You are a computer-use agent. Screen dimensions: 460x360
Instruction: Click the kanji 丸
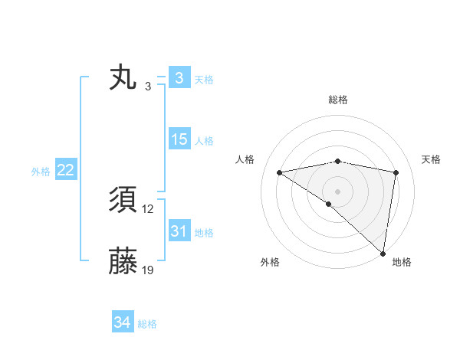123,79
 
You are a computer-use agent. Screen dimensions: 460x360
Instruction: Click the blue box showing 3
179,78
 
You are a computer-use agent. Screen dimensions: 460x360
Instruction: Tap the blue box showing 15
179,139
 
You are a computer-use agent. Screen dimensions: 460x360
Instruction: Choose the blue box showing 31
179,231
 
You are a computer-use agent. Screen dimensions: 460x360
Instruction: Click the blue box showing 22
65,171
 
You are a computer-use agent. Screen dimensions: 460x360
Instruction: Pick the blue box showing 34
122,322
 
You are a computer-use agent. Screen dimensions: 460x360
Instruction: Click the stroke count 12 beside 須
148,209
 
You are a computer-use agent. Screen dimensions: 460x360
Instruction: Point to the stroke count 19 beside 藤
148,270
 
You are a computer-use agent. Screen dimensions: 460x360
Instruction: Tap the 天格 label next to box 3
204,79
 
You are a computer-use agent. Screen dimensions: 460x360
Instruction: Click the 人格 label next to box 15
204,140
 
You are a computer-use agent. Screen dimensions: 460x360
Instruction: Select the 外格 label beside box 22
41,172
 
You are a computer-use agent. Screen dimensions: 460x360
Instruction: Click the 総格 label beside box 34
147,324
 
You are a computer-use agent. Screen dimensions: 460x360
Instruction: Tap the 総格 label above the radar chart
337,100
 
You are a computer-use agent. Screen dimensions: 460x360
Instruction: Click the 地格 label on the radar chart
402,262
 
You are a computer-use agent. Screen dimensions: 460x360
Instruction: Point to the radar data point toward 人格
279,172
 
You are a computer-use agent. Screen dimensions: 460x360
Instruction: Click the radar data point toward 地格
383,252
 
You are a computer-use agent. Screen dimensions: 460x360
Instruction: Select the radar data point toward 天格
396,172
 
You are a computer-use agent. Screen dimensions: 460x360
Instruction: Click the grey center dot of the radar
337,190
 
